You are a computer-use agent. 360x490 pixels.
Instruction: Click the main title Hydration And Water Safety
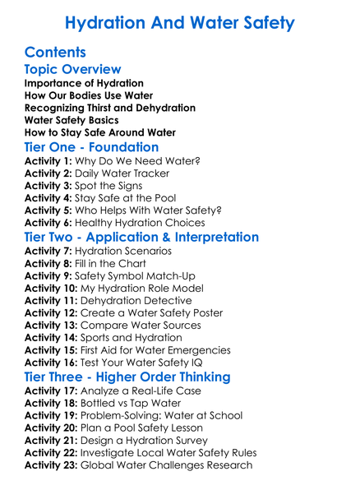pyautogui.click(x=179, y=22)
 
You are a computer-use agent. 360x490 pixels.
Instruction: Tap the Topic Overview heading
pyautogui.click(x=73, y=70)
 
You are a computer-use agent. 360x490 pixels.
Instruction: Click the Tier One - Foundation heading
pyautogui.click(x=91, y=147)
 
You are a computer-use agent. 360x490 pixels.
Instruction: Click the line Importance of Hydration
pyautogui.click(x=84, y=84)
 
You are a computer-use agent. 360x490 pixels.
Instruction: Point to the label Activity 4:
pyautogui.click(x=49, y=198)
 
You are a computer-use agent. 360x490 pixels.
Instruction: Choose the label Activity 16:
pyautogui.click(x=53, y=362)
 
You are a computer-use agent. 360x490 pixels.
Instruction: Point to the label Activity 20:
pyautogui.click(x=53, y=428)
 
